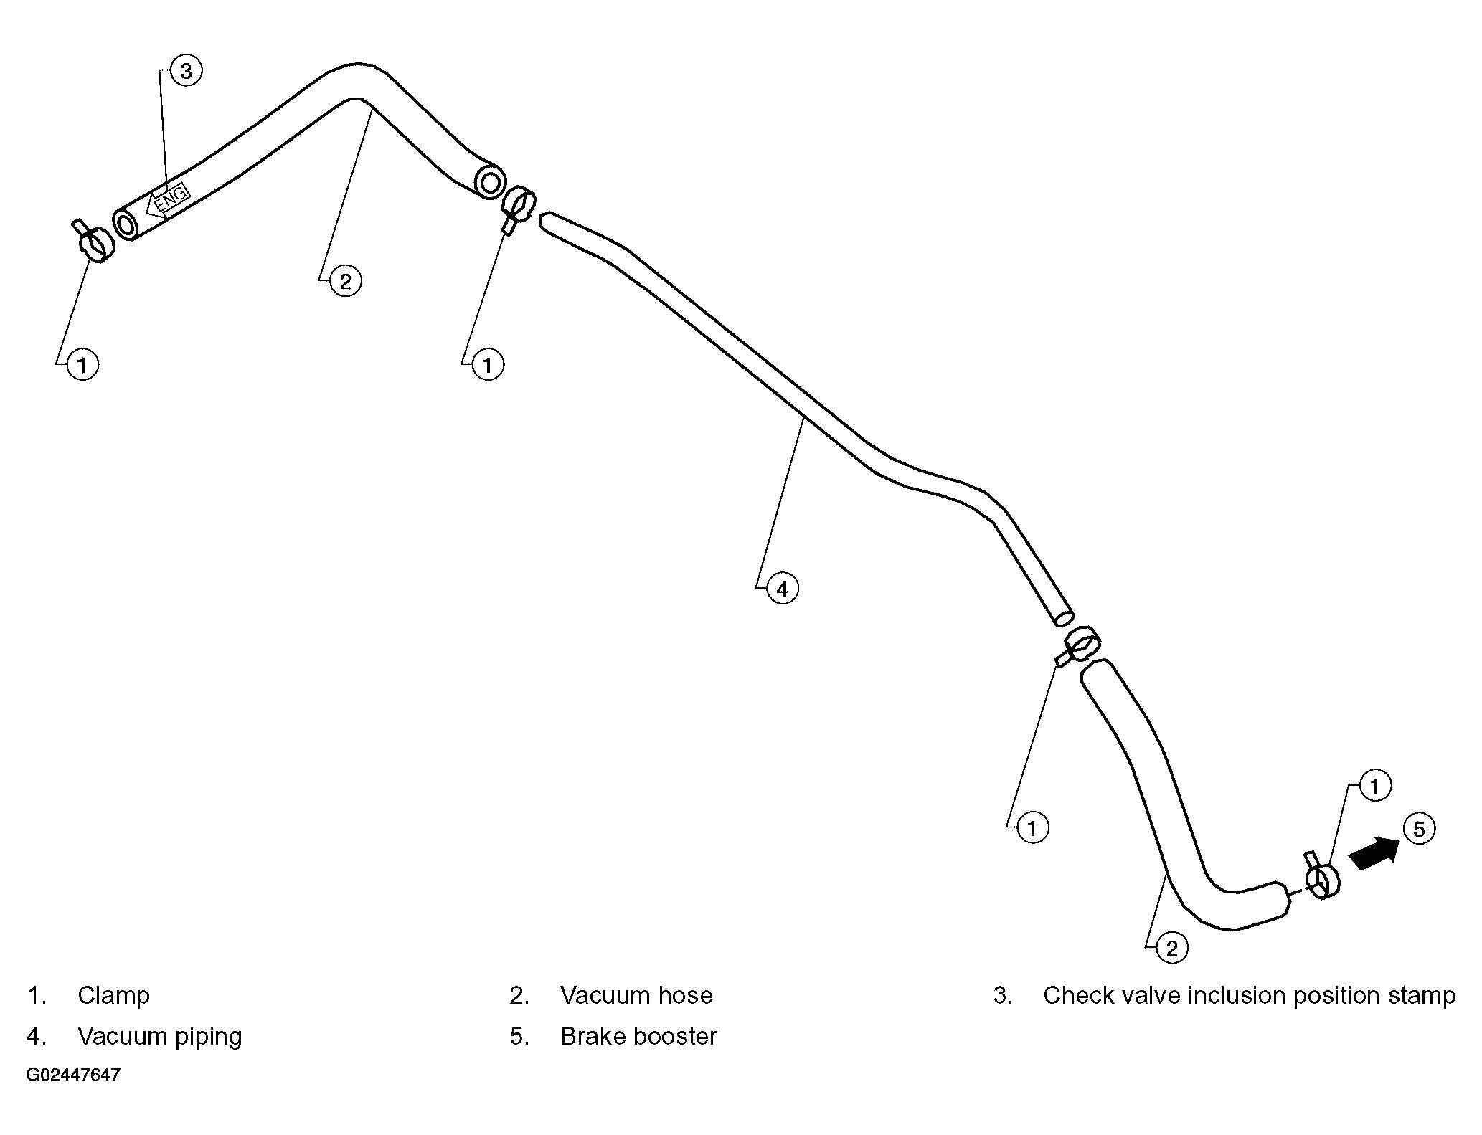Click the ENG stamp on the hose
point(166,200)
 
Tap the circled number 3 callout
point(186,71)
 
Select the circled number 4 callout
point(782,589)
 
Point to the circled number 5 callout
point(1418,830)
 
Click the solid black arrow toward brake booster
point(1374,854)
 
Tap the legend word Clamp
point(113,995)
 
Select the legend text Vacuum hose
point(636,995)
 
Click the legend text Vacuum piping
point(160,1036)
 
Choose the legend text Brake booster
point(638,1036)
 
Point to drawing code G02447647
point(73,1075)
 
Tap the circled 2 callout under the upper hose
point(345,281)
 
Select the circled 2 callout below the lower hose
point(1171,949)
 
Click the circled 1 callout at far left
point(82,365)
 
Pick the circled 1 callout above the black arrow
point(1374,787)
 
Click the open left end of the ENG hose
point(126,225)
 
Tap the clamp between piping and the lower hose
point(1079,645)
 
